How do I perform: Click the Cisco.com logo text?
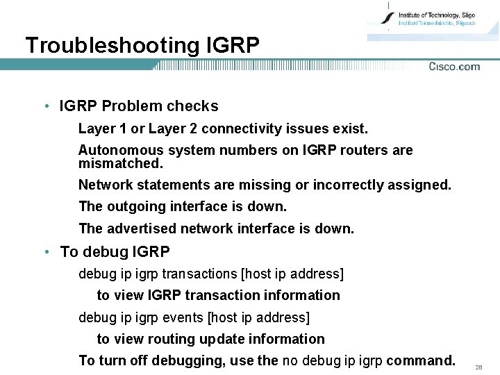454,67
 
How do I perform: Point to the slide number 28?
478,367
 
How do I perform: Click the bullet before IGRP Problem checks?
45,106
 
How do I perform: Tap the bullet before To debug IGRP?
45,252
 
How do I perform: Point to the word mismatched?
120,164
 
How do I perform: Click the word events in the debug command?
184,317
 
